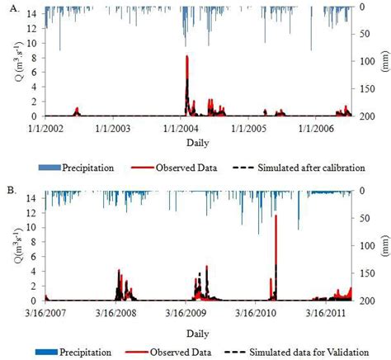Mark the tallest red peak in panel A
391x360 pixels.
(187, 57)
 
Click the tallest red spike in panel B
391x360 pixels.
(276, 216)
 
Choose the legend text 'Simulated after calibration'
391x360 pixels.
(318, 167)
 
